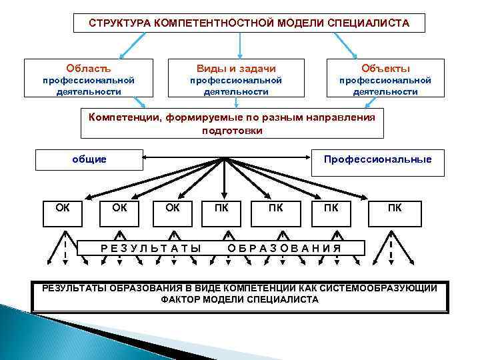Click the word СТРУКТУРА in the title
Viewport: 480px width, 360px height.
tap(119, 23)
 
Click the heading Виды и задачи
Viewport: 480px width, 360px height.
tap(236, 69)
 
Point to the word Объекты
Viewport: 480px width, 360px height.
tap(385, 69)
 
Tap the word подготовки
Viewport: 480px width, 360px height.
tap(232, 131)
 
